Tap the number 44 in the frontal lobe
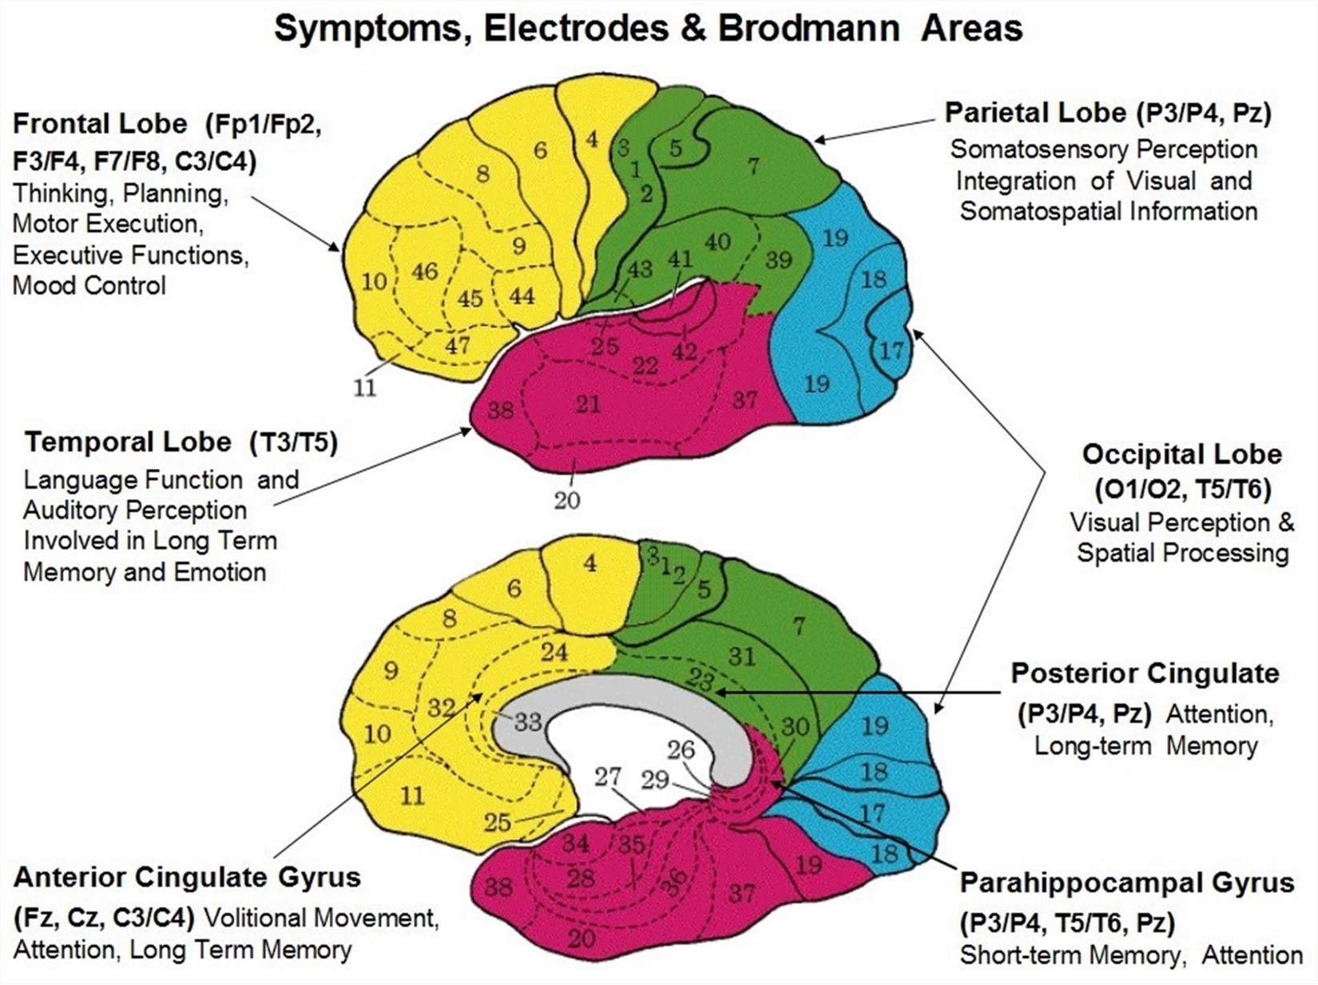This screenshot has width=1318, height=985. click(x=522, y=296)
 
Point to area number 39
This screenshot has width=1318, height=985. click(x=778, y=260)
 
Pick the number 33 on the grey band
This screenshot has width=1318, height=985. click(x=527, y=722)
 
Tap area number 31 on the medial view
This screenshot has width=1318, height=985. click(x=741, y=656)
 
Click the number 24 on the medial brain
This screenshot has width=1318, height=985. click(x=554, y=652)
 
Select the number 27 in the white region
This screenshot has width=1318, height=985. click(x=607, y=776)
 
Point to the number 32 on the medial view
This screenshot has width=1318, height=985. click(x=441, y=707)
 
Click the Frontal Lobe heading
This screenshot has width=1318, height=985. click(x=100, y=124)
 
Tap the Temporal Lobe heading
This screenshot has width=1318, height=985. click(x=128, y=442)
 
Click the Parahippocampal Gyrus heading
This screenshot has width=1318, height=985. click(x=1126, y=883)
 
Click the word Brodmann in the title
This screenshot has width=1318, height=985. click(x=808, y=29)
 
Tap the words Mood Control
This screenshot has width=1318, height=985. click(x=89, y=285)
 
